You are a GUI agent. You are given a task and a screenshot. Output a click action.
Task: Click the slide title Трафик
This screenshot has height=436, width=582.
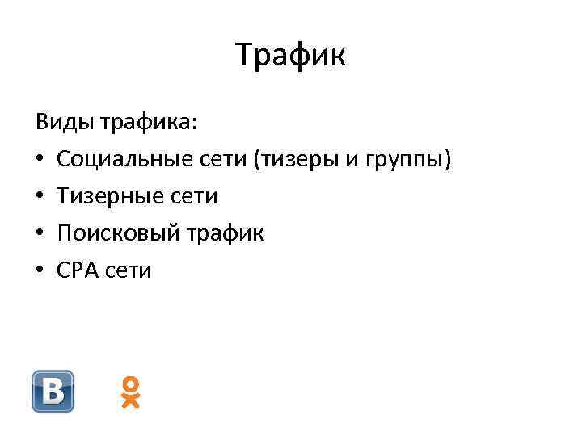tap(291, 56)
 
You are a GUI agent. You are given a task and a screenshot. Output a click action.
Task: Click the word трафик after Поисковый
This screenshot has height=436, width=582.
tap(226, 233)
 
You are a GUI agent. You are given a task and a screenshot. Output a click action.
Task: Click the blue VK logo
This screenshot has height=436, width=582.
tap(53, 392)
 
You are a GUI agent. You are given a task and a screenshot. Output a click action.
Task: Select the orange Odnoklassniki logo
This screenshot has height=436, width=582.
tap(130, 392)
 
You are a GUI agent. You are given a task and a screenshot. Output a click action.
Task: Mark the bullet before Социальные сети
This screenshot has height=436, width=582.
tap(40, 161)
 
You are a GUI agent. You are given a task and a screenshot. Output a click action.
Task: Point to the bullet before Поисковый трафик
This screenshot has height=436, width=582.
tap(40, 233)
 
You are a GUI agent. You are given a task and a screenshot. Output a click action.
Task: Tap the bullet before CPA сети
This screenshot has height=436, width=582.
tap(40, 270)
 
